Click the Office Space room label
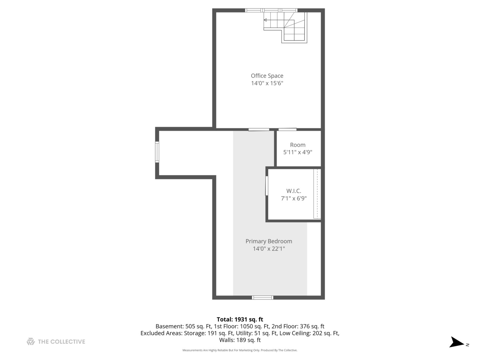pos(267,76)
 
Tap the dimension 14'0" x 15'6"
pos(267,83)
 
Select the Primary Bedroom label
pos(269,241)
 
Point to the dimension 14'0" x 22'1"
pos(269,249)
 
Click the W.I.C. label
pos(294,191)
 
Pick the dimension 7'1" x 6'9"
pos(294,199)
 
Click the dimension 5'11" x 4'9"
pos(298,152)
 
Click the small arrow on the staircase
pos(265,20)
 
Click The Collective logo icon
pos(31,341)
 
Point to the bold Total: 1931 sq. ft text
pos(240,319)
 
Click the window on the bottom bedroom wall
pos(263,298)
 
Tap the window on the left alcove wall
pos(157,152)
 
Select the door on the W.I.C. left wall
pos(267,186)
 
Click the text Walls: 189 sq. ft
pos(240,340)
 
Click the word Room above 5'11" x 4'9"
pos(298,145)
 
